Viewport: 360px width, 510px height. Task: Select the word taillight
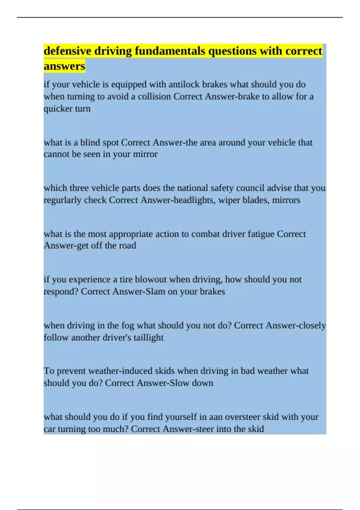(x=148, y=337)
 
